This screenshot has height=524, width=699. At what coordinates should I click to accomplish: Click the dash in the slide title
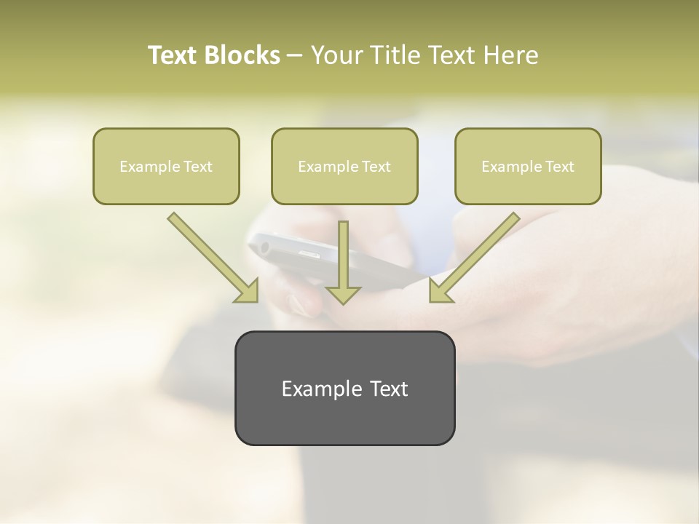[295, 56]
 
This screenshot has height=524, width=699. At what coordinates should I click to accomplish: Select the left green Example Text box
[166, 167]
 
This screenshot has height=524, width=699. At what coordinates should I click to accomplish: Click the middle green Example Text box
[344, 167]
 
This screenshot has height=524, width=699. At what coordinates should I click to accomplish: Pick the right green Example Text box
[528, 167]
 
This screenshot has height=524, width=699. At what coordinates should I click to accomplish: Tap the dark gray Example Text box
[344, 388]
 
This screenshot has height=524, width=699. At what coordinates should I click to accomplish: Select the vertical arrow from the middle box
[343, 258]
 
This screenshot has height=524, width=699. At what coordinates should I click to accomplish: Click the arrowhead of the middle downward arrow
[343, 294]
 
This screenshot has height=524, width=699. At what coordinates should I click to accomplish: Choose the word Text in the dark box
[388, 389]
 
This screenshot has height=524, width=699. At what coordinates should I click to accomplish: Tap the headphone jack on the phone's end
[263, 247]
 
